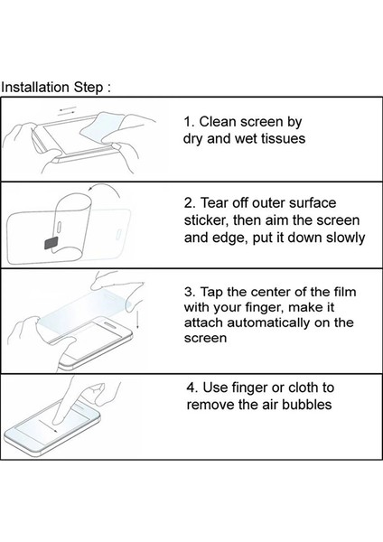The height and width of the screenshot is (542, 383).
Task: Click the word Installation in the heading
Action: pyautogui.click(x=35, y=87)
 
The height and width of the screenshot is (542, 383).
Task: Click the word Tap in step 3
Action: pyautogui.click(x=211, y=292)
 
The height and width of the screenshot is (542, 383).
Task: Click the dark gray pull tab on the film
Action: pyautogui.click(x=51, y=244)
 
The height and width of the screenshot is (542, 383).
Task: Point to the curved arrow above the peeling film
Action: pyautogui.click(x=103, y=188)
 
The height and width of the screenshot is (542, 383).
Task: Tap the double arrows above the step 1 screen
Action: pyautogui.click(x=68, y=110)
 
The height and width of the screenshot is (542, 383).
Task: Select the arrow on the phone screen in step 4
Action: pyautogui.click(x=48, y=425)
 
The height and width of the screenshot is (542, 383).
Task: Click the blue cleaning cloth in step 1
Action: pyautogui.click(x=101, y=127)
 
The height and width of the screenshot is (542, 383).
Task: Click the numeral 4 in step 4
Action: pyautogui.click(x=191, y=388)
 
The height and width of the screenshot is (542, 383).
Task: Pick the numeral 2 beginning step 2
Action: pyautogui.click(x=189, y=203)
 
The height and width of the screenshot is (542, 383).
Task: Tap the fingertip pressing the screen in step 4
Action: pyautogui.click(x=58, y=419)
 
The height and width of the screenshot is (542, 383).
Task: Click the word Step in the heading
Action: pyautogui.click(x=88, y=88)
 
